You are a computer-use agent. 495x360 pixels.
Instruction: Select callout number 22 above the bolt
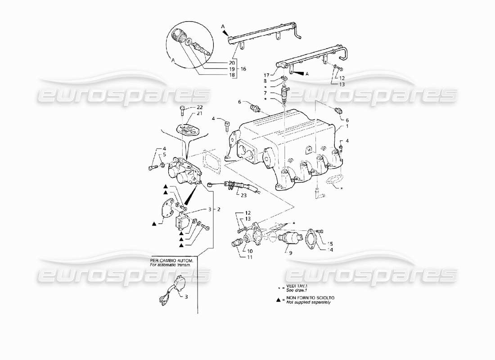pyautogui.click(x=200, y=107)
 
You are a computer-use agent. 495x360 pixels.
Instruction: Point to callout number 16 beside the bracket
pyautogui.click(x=243, y=69)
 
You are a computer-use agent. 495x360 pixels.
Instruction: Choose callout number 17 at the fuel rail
pyautogui.click(x=267, y=75)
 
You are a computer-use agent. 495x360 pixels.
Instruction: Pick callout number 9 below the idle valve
pyautogui.click(x=291, y=252)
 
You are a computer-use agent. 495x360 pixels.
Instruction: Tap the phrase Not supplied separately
pyautogui.click(x=309, y=302)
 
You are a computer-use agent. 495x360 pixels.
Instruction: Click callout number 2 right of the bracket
pyautogui.click(x=219, y=210)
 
